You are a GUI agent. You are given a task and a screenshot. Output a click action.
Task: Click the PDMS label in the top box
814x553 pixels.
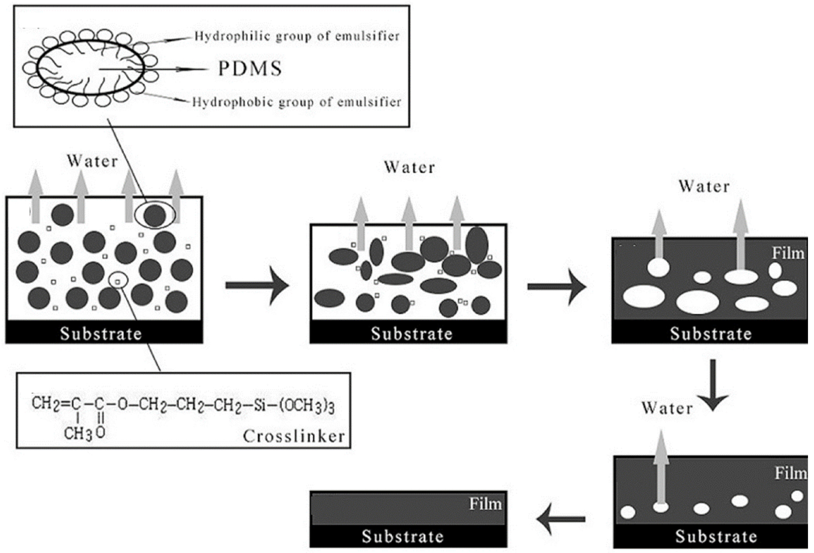(x=250, y=69)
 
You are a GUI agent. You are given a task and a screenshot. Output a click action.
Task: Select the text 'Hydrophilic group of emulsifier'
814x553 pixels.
(x=297, y=36)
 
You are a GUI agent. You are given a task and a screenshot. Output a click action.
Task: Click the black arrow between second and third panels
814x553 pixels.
(x=557, y=287)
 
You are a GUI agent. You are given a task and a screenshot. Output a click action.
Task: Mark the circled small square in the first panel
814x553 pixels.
(x=118, y=281)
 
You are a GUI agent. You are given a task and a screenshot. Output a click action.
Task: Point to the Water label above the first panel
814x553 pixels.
(x=92, y=161)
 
